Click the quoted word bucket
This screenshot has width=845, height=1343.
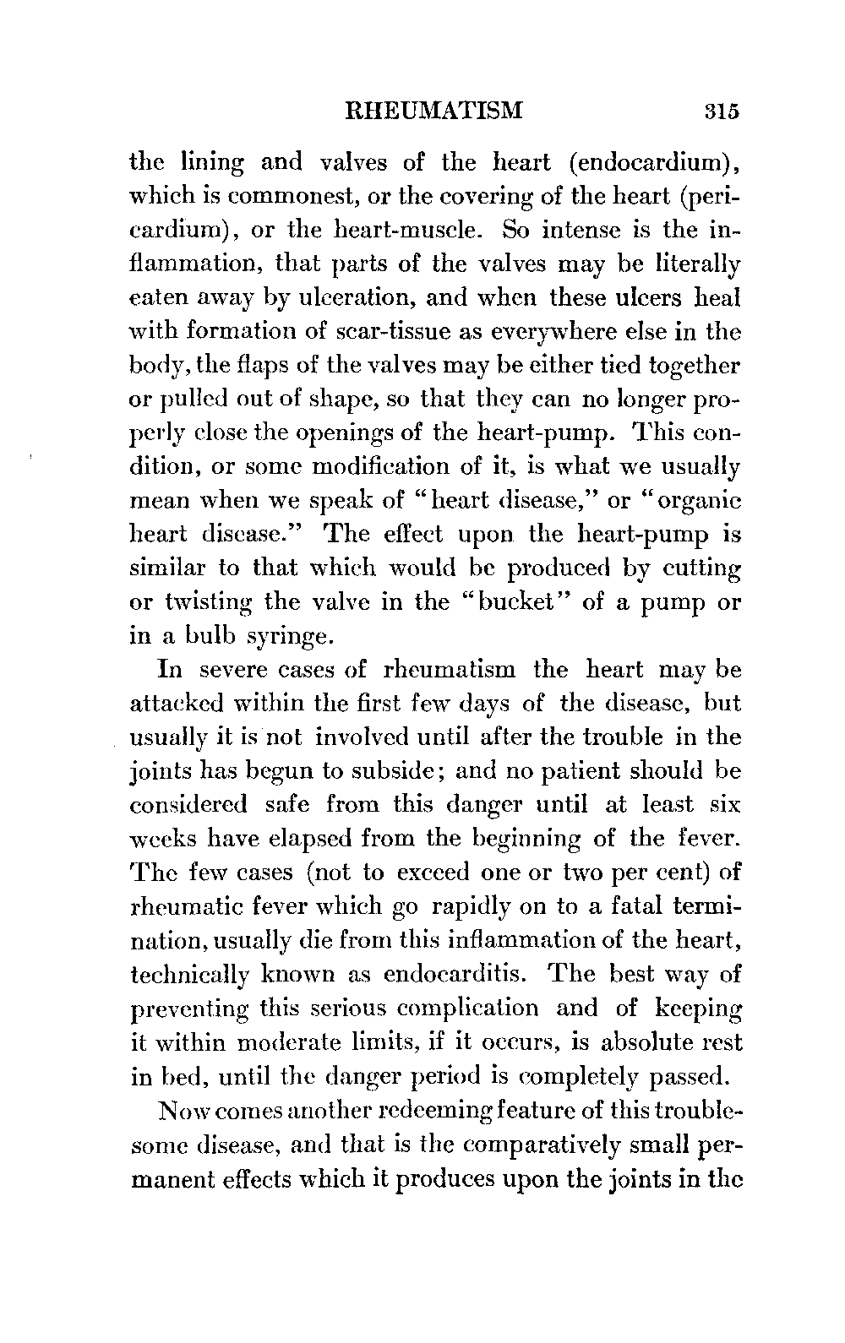(x=531, y=601)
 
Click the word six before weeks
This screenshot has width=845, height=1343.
(x=725, y=804)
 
